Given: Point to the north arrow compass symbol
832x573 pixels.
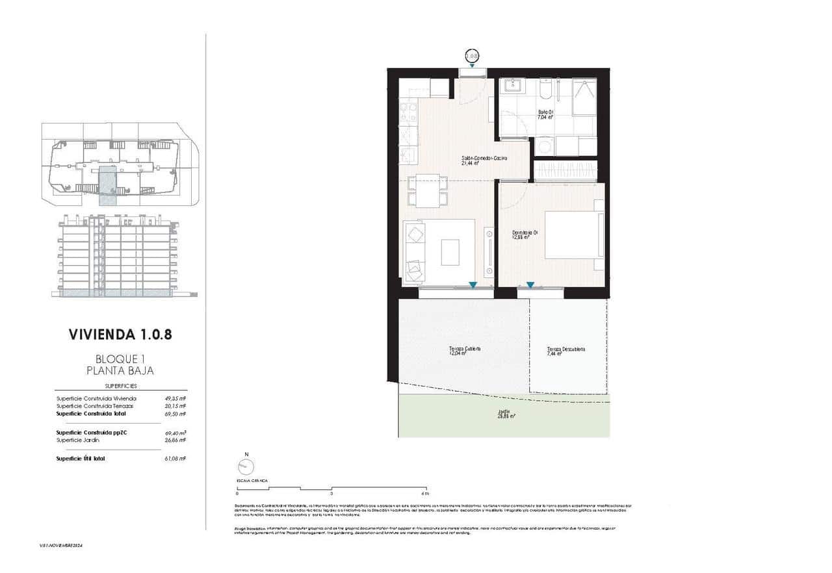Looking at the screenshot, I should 246,466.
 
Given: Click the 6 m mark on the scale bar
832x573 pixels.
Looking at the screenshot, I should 424,494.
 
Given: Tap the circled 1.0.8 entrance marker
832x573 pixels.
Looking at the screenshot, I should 472,57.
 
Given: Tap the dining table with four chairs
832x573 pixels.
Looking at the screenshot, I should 428,191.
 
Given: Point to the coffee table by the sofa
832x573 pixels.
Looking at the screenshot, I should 450,252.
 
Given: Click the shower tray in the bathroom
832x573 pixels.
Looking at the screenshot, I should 584,97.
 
